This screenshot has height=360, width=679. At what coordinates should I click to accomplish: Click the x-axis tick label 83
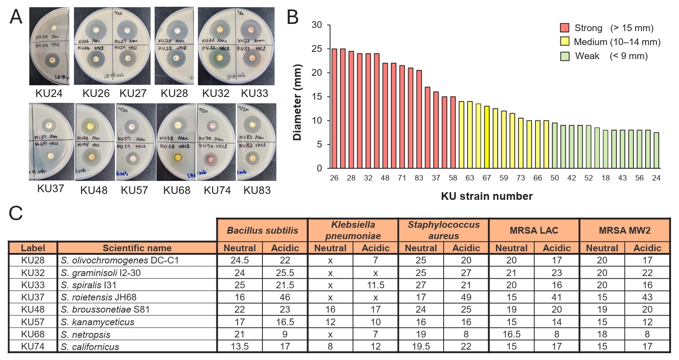point(419,178)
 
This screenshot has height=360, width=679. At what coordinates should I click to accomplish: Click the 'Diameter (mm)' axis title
point(298,97)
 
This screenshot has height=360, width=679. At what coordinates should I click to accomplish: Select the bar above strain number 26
point(335,108)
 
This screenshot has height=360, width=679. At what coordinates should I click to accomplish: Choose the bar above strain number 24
point(656,150)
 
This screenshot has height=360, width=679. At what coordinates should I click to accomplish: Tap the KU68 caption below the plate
point(176,190)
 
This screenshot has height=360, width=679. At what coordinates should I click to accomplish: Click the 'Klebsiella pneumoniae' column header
point(353,230)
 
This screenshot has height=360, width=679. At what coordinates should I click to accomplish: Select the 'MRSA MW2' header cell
point(624,230)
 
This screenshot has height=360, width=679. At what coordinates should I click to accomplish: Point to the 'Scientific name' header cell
point(137,248)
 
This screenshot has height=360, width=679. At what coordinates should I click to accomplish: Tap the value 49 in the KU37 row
point(466,297)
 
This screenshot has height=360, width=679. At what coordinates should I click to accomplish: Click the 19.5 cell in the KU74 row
point(421,346)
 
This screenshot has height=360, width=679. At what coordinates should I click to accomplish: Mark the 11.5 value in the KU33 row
point(375,285)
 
